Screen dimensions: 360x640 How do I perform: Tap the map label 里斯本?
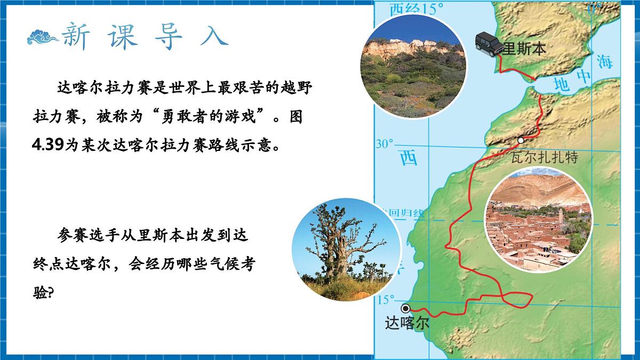524,49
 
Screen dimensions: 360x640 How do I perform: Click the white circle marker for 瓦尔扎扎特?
521,140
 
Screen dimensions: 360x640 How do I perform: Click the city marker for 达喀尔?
405,308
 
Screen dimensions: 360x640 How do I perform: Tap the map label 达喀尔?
406,324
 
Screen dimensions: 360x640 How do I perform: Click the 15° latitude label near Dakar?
386,300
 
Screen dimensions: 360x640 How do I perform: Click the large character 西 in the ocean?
409,157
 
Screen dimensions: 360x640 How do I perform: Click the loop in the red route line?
517,300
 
